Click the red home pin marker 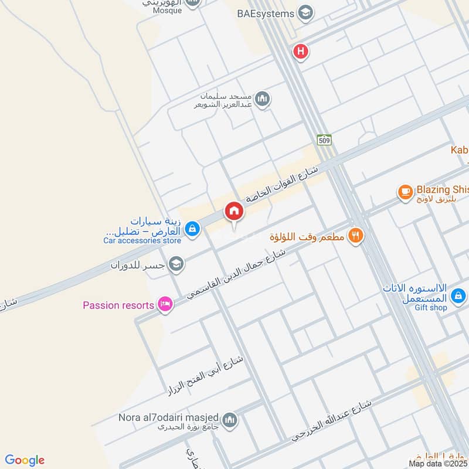[233, 210]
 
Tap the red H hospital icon [301, 52]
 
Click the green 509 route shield [324, 140]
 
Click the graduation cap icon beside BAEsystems [305, 12]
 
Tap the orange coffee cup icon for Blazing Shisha [405, 191]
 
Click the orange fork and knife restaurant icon [355, 236]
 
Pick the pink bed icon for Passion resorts [166, 304]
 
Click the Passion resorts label [118, 305]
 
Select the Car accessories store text [142, 240]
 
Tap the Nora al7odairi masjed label [161, 417]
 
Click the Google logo [25, 460]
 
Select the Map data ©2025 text [437, 463]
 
